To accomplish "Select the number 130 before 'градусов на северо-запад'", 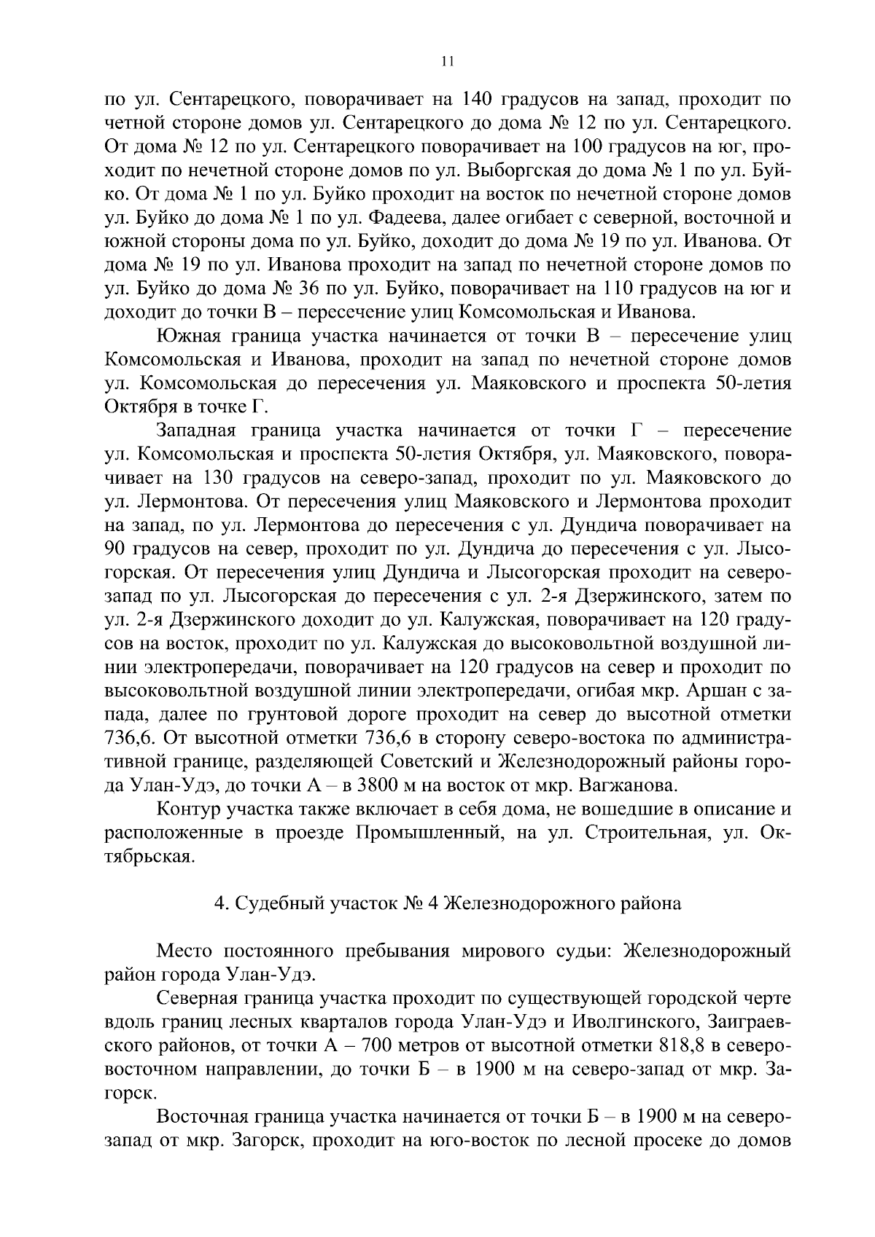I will (213, 479).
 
